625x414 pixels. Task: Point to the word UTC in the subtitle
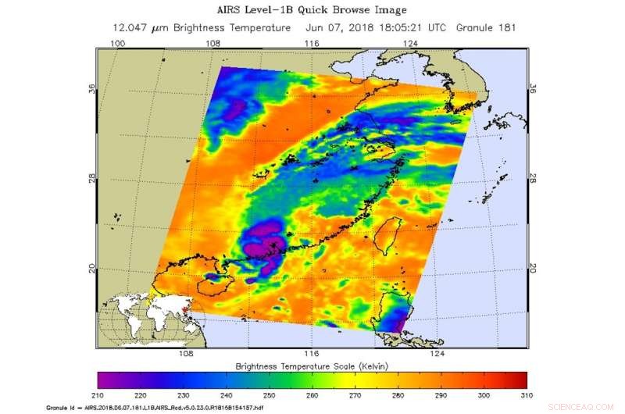click(x=437, y=27)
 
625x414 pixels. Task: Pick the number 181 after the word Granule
click(x=505, y=27)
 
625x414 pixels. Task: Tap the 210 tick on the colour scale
click(x=98, y=395)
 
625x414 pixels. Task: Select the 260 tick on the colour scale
click(x=312, y=395)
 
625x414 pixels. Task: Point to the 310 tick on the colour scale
click(x=527, y=395)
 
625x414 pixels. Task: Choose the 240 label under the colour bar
click(x=227, y=395)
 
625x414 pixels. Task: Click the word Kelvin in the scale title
click(x=370, y=366)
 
